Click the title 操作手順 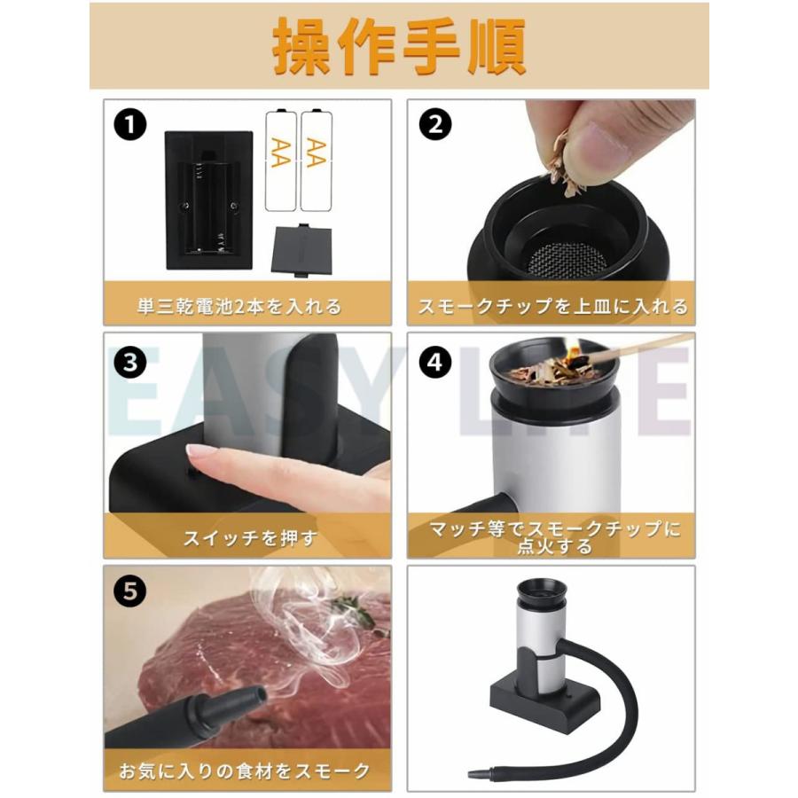point(399,46)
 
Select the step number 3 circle point(130,363)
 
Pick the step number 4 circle point(434,363)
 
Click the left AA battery point(280,160)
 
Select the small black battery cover point(301,250)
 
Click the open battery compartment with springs point(209,202)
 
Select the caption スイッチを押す point(247,537)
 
